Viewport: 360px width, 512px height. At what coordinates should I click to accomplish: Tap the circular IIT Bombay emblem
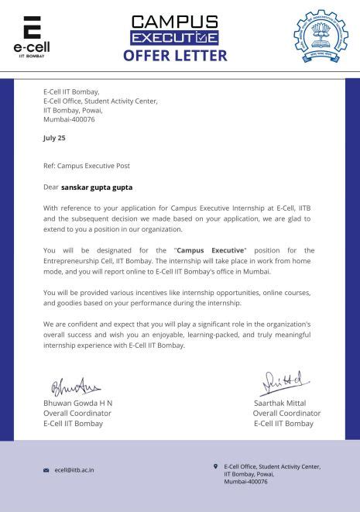tap(321, 36)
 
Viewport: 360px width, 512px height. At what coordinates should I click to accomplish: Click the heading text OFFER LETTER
tap(174, 56)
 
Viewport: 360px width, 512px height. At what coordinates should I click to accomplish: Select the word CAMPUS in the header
tap(174, 22)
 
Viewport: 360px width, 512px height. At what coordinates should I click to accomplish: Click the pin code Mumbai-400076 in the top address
tap(69, 119)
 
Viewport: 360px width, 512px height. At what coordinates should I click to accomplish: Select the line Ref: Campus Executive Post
tap(87, 166)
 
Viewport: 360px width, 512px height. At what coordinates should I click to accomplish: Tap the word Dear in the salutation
tap(51, 187)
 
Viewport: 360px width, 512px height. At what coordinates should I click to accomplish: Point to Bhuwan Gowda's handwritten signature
tap(76, 386)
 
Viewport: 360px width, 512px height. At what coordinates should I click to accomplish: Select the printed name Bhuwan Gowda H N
tap(77, 404)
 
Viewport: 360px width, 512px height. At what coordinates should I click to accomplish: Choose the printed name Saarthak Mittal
tap(279, 404)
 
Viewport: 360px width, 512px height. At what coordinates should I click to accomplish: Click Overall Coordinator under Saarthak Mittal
tap(286, 414)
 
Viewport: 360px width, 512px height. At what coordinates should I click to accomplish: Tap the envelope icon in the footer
tap(46, 470)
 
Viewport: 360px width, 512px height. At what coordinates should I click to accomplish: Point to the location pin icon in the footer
tap(215, 466)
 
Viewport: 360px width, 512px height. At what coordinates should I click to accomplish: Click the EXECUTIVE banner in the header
tap(174, 38)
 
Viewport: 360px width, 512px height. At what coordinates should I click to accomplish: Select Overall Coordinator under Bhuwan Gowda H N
tap(77, 414)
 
